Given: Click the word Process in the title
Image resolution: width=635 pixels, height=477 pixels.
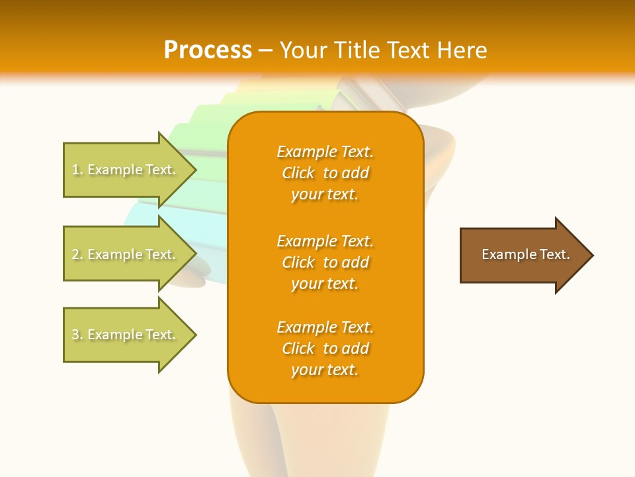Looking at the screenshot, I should coord(208,50).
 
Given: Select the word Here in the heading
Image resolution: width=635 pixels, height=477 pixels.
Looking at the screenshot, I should coord(462,50).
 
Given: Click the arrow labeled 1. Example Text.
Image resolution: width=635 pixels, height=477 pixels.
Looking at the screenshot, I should coord(126,170).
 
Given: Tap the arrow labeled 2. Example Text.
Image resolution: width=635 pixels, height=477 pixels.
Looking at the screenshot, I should coord(126,254).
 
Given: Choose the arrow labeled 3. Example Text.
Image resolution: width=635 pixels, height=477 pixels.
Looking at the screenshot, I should coord(126,335).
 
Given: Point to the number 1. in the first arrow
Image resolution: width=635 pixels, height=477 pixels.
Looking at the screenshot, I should coord(77,170).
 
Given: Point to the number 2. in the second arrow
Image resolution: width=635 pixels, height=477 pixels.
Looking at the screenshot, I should coord(77,254).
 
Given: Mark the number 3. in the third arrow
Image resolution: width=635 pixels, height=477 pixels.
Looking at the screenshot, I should coord(77,335).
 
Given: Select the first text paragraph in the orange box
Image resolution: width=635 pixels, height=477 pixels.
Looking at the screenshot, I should coord(325,173).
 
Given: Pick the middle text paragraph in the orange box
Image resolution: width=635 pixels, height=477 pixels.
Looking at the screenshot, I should coord(325,262).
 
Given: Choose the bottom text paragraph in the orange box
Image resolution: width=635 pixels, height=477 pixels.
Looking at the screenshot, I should coord(325,348).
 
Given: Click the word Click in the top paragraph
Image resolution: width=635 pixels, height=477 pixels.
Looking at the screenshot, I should coord(298,173).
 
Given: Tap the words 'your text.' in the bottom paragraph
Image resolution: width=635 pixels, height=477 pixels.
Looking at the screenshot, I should coord(325,370).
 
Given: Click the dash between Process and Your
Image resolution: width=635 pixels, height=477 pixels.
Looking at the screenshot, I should coord(266,50).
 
